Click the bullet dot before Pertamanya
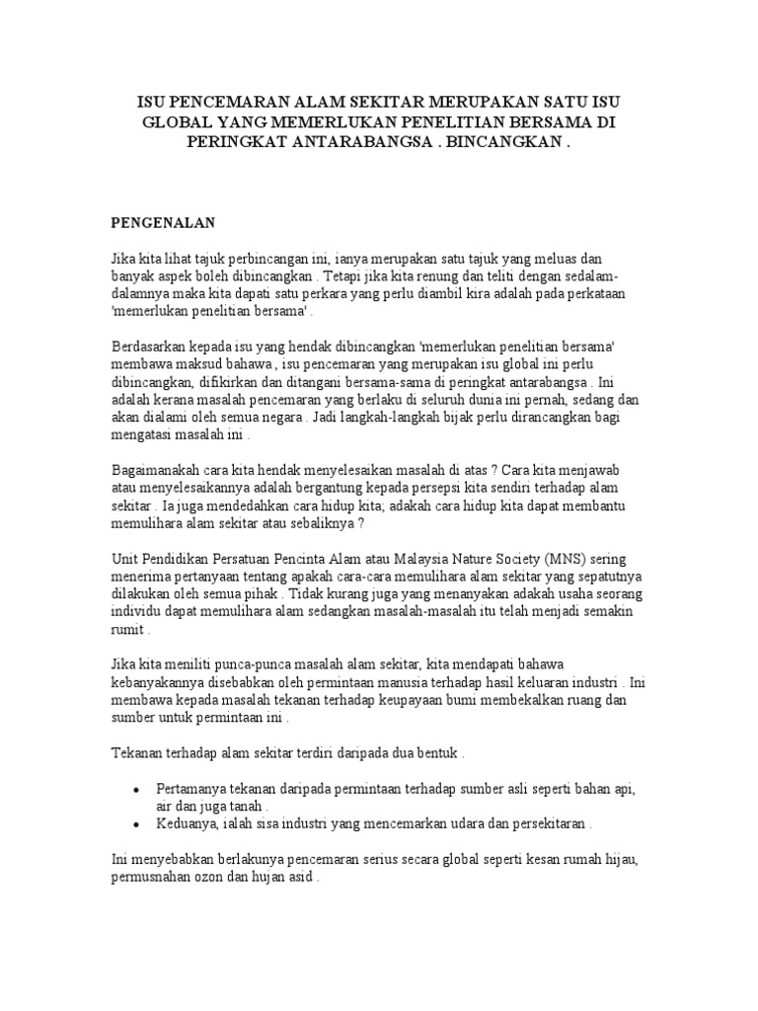134,790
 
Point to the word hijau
619,860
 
